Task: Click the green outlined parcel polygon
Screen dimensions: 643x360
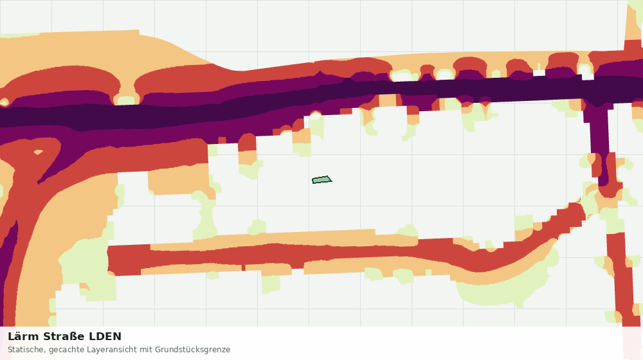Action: click(x=322, y=179)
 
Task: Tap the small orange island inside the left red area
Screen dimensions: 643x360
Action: click(x=38, y=152)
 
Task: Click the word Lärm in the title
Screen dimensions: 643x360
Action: click(x=23, y=337)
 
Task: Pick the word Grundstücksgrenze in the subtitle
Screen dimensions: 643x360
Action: click(x=193, y=350)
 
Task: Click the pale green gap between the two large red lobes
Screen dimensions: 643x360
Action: click(x=127, y=100)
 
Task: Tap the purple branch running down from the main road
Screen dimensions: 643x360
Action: click(x=599, y=139)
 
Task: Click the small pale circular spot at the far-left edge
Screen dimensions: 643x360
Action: click(x=4, y=102)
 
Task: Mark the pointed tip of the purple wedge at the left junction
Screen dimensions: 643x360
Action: click(x=38, y=183)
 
